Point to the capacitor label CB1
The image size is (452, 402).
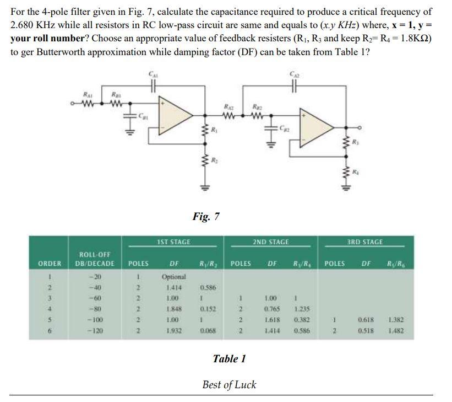point(143,117)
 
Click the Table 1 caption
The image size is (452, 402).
point(229,359)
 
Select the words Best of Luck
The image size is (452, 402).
point(229,384)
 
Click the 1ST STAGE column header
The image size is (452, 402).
point(173,242)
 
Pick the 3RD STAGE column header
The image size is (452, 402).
point(366,242)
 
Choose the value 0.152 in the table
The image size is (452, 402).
point(208,309)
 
